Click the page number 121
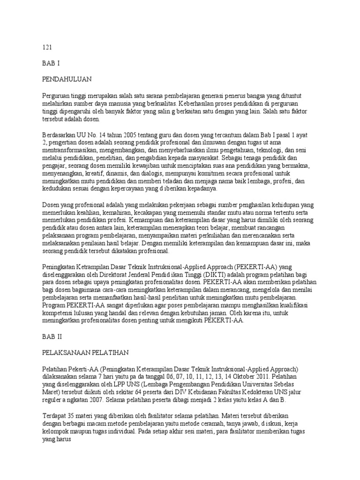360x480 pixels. [47, 47]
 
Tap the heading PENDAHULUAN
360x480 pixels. [67, 79]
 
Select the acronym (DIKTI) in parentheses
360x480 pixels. [212, 274]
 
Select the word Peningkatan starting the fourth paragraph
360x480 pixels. [60, 266]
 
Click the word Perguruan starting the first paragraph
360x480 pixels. [57, 95]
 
